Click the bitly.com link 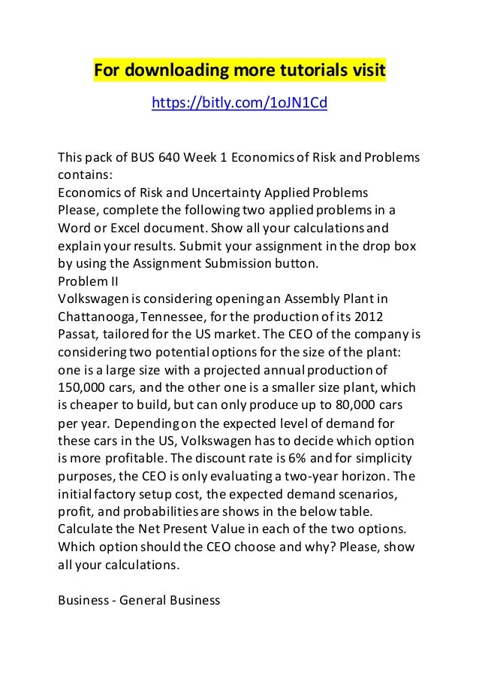coord(239,102)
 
